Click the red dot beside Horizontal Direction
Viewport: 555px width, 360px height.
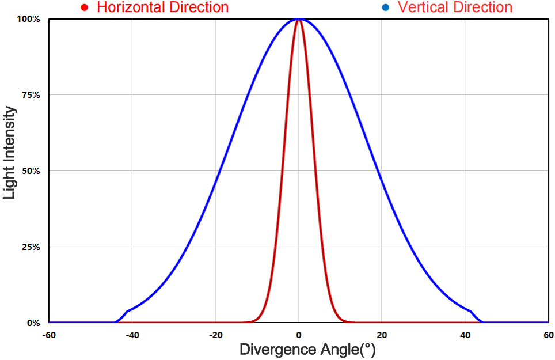point(85,7)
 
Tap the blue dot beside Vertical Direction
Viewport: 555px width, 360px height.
point(385,7)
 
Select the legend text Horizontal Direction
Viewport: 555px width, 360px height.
point(163,7)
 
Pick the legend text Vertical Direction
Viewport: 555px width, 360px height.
point(455,7)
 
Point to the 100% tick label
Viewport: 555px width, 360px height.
point(29,19)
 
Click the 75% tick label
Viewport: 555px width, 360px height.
point(31,95)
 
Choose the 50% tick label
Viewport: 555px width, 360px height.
point(31,171)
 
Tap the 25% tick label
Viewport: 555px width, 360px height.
point(31,247)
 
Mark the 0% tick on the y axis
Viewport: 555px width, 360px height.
point(33,323)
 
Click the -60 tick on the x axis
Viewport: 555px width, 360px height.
point(49,335)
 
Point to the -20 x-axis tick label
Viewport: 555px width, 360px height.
point(215,335)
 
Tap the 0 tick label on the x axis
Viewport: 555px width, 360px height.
point(299,335)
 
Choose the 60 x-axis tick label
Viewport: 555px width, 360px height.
point(548,335)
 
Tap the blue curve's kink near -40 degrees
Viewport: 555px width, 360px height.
point(127,311)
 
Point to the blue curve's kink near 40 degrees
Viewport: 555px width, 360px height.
point(471,311)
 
